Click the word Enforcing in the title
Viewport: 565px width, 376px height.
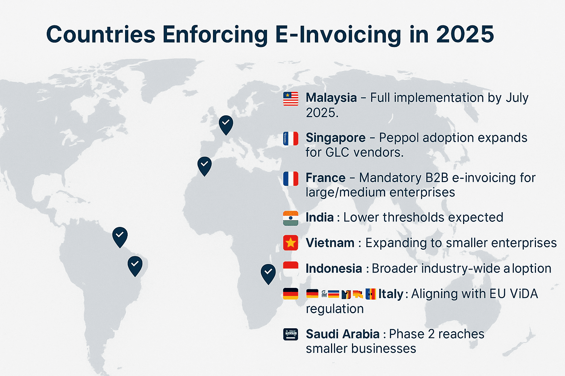215,35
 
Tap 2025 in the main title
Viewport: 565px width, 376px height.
465,34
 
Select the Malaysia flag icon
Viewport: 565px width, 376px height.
291,98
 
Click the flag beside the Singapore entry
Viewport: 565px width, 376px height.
291,138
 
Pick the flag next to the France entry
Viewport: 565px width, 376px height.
291,178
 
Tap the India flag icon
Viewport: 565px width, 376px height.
291,218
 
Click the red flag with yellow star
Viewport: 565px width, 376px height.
291,243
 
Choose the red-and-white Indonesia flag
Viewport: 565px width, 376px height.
291,269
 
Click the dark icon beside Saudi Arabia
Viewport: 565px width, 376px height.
291,334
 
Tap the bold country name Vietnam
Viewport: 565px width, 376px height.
330,243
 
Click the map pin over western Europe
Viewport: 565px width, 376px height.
226,125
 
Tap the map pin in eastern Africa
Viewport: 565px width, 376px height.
268,274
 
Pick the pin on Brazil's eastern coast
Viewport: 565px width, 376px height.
135,266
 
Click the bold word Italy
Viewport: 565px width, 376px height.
391,294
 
